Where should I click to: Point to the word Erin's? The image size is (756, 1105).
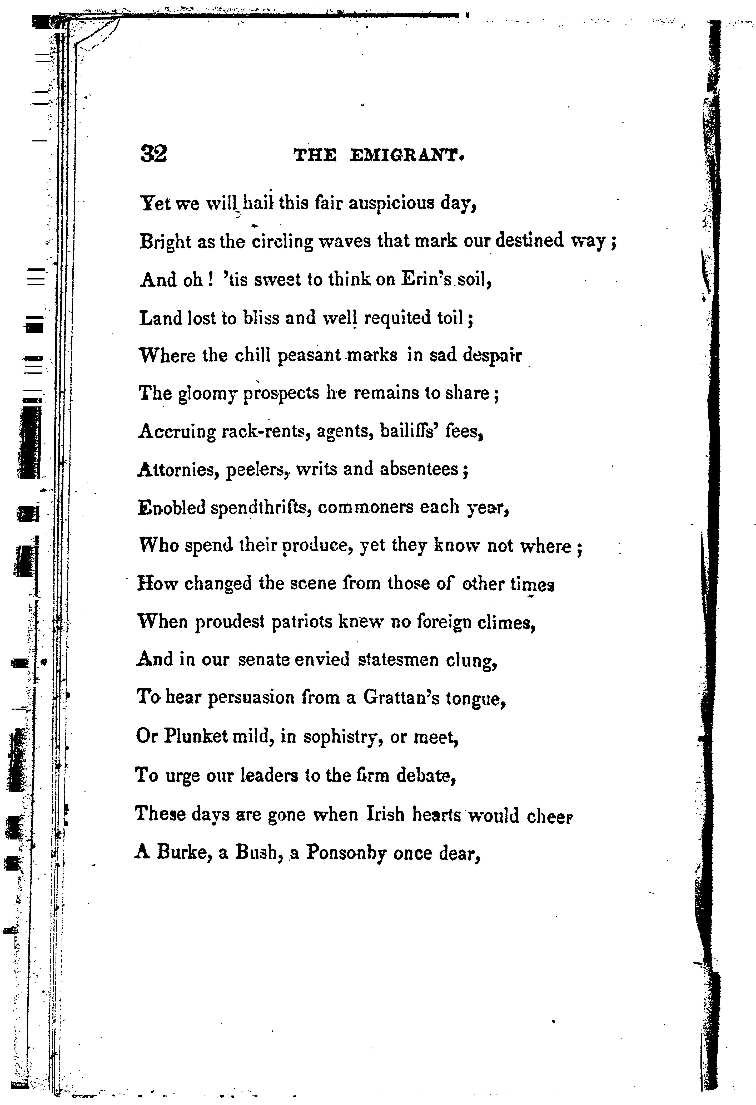pos(426,279)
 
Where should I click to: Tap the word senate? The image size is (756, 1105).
pos(264,660)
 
